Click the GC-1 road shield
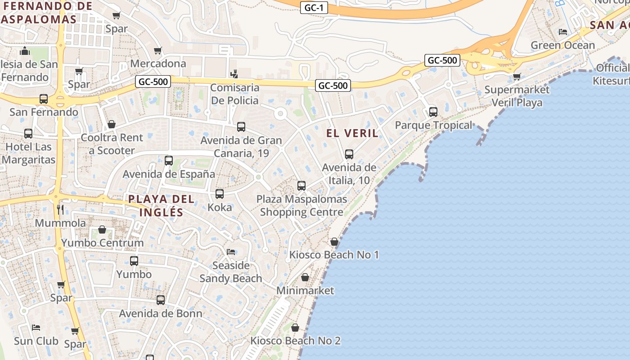(x=314, y=8)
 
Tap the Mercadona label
(x=158, y=63)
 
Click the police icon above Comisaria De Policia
(x=234, y=73)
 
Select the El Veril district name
(x=352, y=133)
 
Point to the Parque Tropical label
(x=433, y=125)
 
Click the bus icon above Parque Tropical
(x=433, y=112)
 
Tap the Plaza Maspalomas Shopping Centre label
(x=301, y=205)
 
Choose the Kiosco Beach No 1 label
(x=334, y=255)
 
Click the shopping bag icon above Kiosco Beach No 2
(x=295, y=328)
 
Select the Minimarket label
(x=305, y=290)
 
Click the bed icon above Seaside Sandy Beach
(x=231, y=252)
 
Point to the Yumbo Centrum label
(x=102, y=243)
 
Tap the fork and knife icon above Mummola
(x=60, y=209)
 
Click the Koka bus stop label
(x=220, y=207)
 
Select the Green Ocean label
(x=562, y=45)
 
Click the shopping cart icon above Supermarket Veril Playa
(x=517, y=76)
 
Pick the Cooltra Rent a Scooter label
(x=112, y=144)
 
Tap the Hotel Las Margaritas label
(x=28, y=153)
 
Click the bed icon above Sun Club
(x=36, y=327)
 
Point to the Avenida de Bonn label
(x=160, y=314)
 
